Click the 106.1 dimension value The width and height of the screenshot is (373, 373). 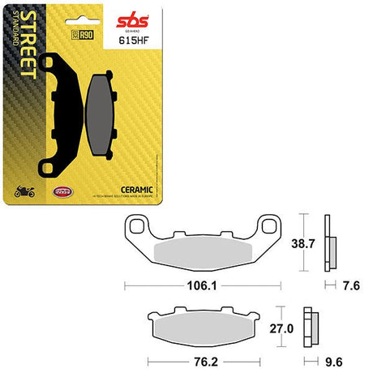[x=202, y=285]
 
